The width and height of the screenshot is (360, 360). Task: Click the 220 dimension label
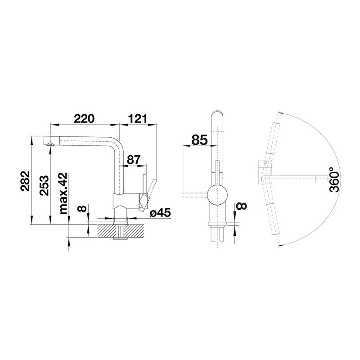click(84, 119)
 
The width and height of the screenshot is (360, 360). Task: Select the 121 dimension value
click(137, 119)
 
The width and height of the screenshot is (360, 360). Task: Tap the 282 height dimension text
click(25, 181)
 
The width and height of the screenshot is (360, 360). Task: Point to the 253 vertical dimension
click(44, 185)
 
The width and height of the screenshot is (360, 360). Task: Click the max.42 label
click(63, 193)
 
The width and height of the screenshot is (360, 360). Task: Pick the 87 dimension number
click(134, 160)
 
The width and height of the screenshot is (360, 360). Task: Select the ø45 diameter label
click(160, 213)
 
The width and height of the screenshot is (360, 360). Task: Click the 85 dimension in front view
click(199, 140)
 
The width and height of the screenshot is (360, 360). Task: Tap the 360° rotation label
click(334, 180)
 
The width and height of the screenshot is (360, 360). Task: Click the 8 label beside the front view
click(242, 206)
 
